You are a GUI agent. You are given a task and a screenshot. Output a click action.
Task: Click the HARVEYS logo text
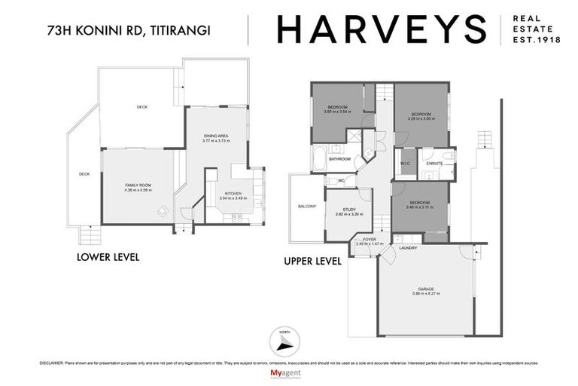(380, 29)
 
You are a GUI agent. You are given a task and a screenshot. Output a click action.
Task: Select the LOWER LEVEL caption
(108, 257)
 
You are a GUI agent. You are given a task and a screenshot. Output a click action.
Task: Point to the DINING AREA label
(216, 136)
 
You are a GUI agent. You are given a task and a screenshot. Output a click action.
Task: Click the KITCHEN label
(233, 192)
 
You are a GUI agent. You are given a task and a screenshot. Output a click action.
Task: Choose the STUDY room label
(348, 209)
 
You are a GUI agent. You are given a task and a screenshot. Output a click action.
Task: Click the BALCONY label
(307, 206)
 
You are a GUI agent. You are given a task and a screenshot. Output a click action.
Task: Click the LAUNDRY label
(409, 247)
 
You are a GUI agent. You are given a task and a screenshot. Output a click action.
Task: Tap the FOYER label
(369, 239)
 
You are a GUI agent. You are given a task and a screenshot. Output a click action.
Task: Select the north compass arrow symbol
(283, 342)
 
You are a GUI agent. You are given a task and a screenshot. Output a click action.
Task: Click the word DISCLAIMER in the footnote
(52, 363)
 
